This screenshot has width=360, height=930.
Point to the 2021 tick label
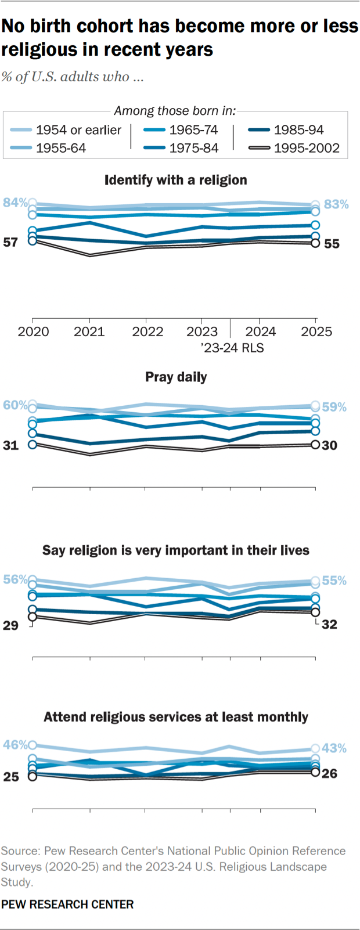(x=89, y=331)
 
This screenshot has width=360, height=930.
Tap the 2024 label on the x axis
(x=260, y=331)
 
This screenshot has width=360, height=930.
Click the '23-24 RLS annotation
(x=232, y=348)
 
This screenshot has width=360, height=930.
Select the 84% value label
(x=15, y=203)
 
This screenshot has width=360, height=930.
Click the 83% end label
(x=336, y=204)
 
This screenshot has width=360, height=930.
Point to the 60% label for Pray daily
(x=15, y=405)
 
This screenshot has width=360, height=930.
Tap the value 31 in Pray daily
(x=11, y=445)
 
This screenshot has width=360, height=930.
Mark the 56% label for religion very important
(x=15, y=579)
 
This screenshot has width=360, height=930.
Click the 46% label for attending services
(x=15, y=745)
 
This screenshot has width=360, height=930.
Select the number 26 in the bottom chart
(x=330, y=774)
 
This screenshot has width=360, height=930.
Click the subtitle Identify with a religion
(x=175, y=180)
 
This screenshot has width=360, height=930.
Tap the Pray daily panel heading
(x=176, y=377)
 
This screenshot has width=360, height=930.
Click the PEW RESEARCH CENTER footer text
(x=67, y=904)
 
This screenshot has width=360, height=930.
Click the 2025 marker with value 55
(x=315, y=243)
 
